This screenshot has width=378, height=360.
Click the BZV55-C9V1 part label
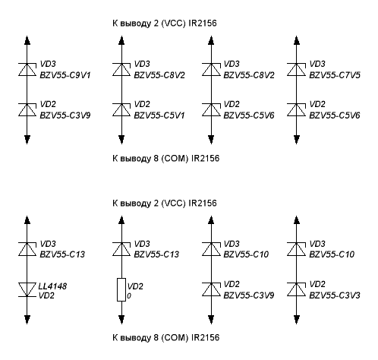tap(65, 75)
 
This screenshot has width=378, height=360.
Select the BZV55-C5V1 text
tap(159, 115)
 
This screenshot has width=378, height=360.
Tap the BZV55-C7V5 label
tap(335, 75)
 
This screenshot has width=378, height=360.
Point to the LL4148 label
tap(52, 286)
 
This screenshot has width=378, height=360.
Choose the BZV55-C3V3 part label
tap(335, 295)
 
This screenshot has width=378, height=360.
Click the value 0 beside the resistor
tap(129, 295)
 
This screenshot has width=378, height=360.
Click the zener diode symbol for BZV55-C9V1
tap(27, 69)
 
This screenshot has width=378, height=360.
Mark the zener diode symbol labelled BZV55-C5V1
tap(121, 110)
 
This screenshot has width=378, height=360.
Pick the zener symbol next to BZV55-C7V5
tap(297, 69)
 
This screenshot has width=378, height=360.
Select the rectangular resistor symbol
tap(121, 289)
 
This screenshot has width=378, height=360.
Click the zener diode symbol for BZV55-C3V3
tap(297, 289)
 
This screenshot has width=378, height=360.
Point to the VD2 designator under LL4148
tap(46, 295)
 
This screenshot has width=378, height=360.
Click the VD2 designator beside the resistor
tap(135, 286)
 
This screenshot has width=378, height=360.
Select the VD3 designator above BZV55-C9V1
tap(48, 64)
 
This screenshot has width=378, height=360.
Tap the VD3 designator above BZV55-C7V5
tap(317, 64)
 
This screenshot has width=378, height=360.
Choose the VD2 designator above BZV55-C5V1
tap(142, 104)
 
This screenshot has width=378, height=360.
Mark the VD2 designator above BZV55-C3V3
tap(317, 284)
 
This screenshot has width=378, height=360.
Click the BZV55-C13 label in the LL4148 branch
tap(62, 254)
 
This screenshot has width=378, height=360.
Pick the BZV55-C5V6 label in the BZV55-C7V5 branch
tap(335, 115)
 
